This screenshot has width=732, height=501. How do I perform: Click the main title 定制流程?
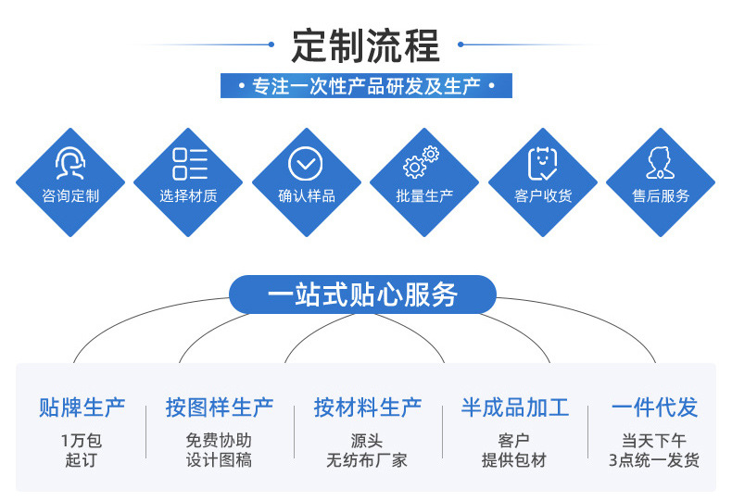click(366, 44)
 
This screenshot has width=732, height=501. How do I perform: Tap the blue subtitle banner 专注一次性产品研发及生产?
click(366, 87)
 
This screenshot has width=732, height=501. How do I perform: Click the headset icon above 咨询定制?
click(70, 164)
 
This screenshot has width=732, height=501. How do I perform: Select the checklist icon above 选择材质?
click(189, 164)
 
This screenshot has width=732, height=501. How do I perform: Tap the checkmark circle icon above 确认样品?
click(306, 164)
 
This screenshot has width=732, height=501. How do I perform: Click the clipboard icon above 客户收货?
click(542, 164)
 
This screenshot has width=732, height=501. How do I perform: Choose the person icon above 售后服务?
click(661, 164)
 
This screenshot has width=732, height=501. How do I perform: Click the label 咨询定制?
click(70, 196)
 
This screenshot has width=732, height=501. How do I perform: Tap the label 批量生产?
click(424, 196)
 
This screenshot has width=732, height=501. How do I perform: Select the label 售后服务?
click(661, 196)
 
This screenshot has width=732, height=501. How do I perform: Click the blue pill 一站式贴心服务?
click(362, 294)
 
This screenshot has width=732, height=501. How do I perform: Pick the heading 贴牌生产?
click(82, 407)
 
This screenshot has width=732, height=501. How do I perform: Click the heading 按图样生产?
click(220, 407)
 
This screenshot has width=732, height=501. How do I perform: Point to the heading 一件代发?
click(654, 407)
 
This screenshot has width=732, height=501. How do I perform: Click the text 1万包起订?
click(82, 450)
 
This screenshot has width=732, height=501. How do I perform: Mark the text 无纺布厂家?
click(367, 460)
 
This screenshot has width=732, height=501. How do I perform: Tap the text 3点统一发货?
click(654, 460)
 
